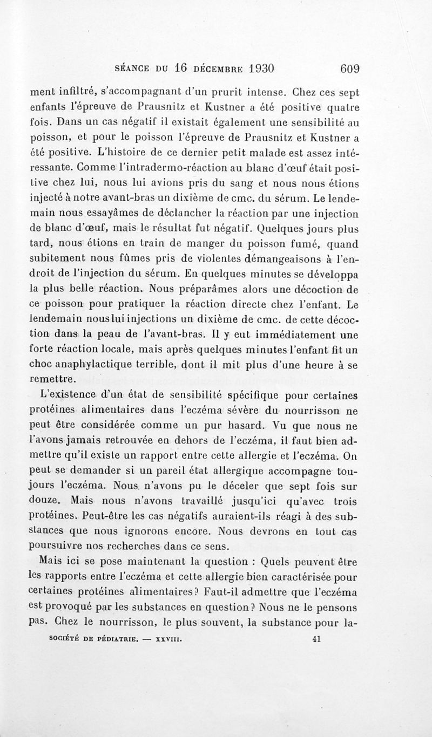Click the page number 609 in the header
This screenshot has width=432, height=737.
(x=350, y=69)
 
